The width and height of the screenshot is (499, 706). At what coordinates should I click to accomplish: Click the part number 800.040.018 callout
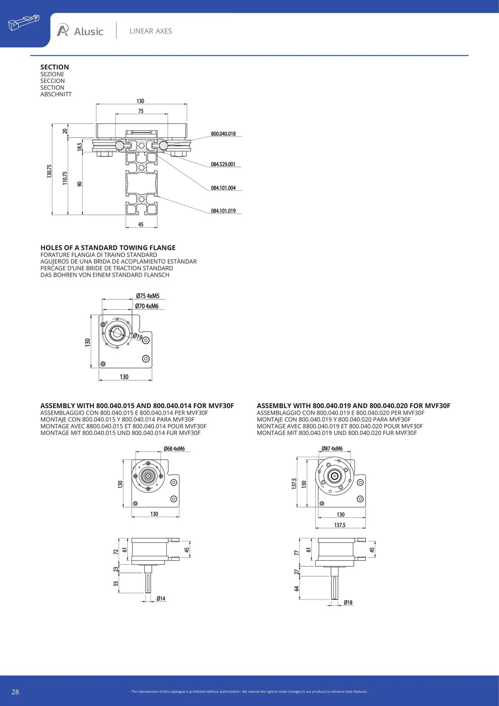click(223, 134)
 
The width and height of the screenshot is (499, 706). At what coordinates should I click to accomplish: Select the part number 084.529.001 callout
click(223, 164)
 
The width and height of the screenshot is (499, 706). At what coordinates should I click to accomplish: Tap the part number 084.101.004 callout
click(223, 188)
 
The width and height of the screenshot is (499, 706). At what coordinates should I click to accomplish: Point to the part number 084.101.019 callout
click(223, 211)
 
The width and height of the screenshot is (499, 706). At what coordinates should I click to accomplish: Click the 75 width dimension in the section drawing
click(141, 111)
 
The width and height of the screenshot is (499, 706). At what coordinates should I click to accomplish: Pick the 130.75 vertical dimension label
click(49, 171)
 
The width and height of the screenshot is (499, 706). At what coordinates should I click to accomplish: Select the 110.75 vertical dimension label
click(65, 178)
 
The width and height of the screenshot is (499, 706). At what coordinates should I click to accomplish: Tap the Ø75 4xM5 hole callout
click(148, 296)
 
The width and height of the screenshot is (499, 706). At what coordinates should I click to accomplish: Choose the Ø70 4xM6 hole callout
click(147, 306)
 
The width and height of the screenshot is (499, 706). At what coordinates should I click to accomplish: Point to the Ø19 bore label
click(137, 336)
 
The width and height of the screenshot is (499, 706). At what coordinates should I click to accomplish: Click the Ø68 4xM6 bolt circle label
click(174, 449)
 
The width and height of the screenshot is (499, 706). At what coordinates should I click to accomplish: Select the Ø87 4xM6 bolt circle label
click(332, 449)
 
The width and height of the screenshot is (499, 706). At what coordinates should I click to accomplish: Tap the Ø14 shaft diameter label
click(161, 599)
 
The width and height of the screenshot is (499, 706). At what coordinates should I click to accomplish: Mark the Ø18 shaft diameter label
click(348, 603)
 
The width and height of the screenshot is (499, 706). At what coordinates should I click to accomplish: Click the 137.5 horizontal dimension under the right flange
click(340, 525)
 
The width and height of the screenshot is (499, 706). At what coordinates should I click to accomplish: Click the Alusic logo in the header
click(80, 31)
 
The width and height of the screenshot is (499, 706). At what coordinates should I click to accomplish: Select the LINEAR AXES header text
click(151, 31)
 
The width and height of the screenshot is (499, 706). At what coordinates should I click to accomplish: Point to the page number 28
click(15, 692)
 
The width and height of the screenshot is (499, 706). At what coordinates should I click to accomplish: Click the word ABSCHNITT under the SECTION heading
click(56, 95)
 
